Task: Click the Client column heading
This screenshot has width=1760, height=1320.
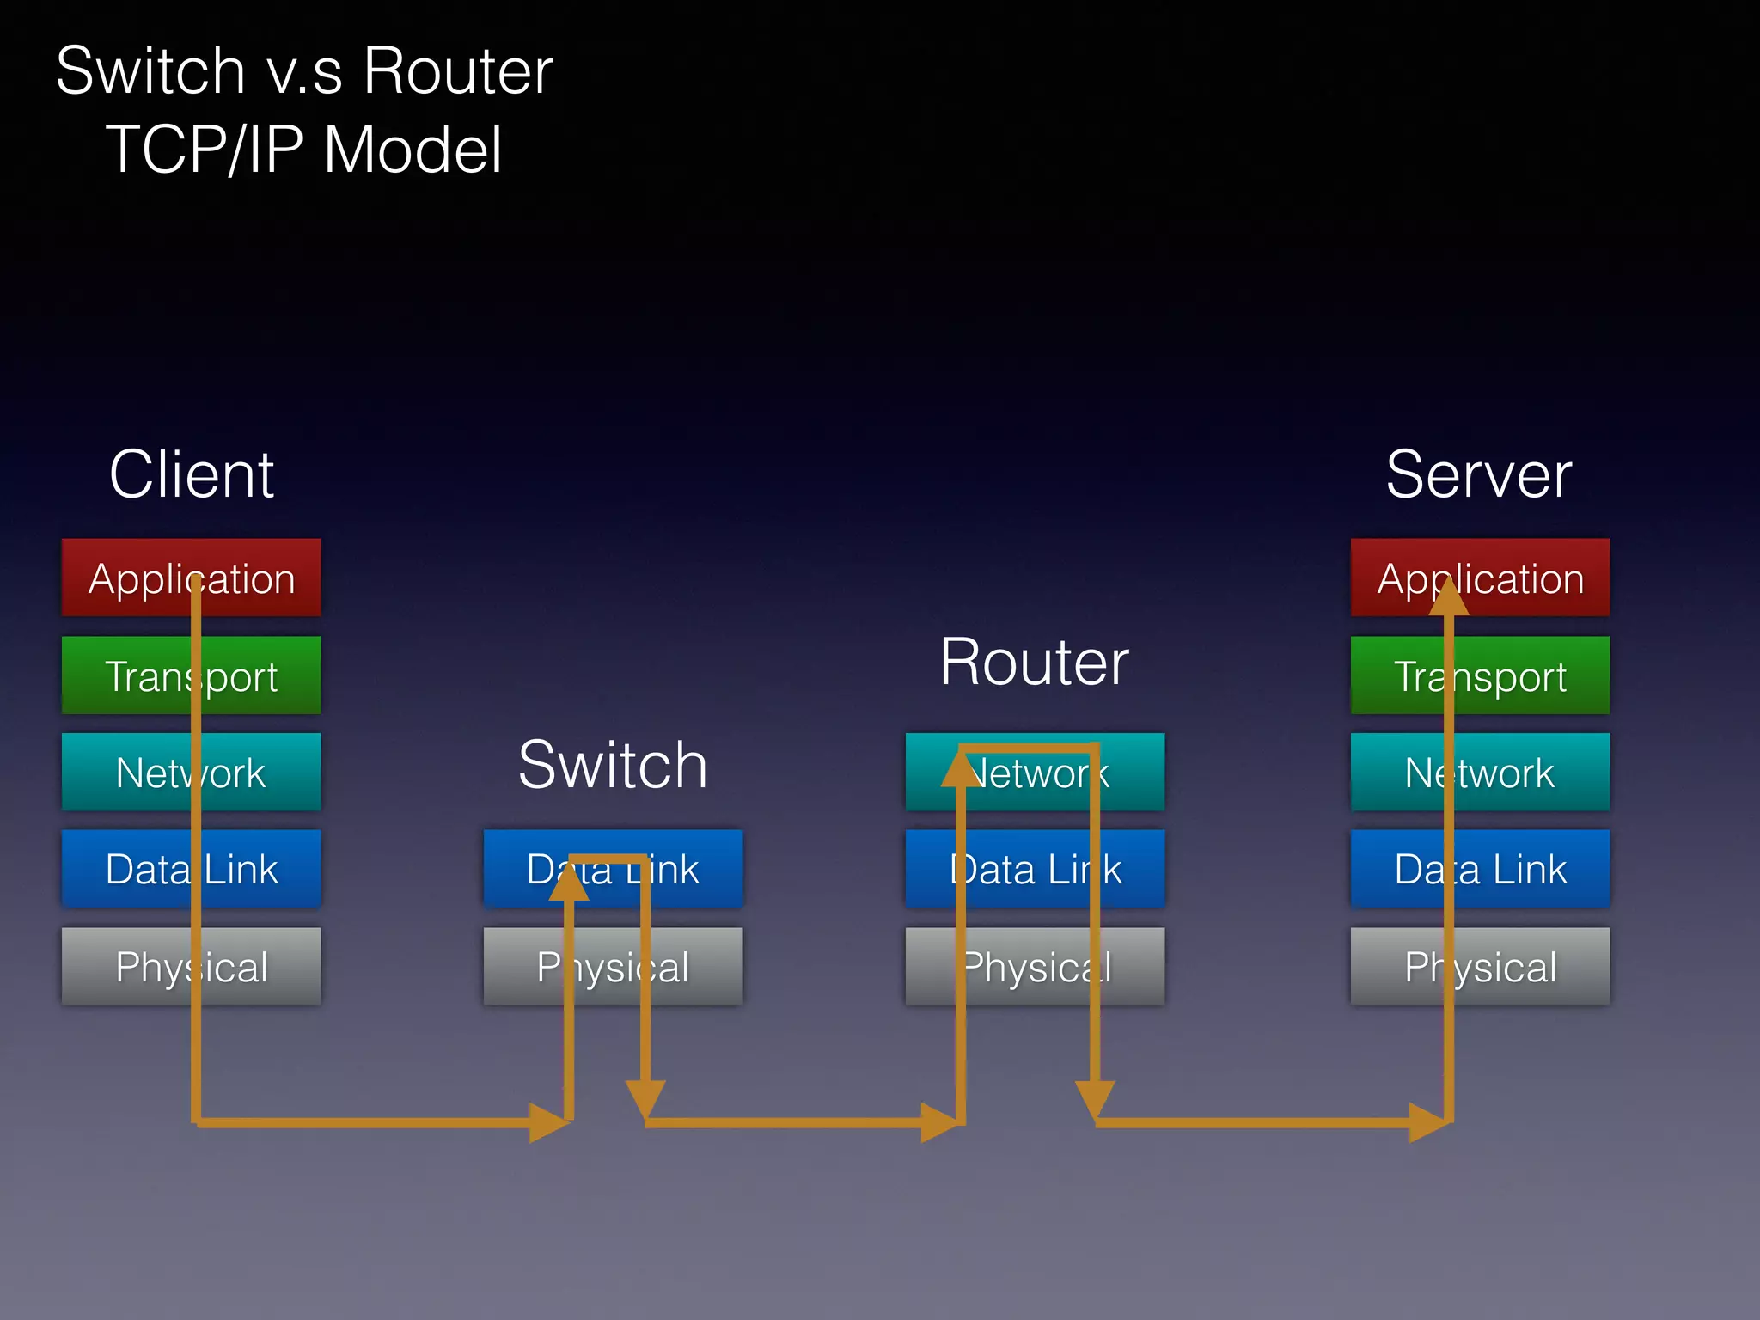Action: pyautogui.click(x=191, y=474)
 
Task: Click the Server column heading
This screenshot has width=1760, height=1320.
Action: pyautogui.click(x=1479, y=474)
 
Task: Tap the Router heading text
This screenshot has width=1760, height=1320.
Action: pyautogui.click(x=1034, y=663)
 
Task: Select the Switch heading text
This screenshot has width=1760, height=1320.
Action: pyautogui.click(x=613, y=765)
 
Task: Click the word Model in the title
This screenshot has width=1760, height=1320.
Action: pyautogui.click(x=412, y=150)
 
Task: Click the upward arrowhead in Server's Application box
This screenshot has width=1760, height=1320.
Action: pyautogui.click(x=1449, y=597)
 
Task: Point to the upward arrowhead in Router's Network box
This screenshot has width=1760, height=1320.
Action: pyautogui.click(x=961, y=769)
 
